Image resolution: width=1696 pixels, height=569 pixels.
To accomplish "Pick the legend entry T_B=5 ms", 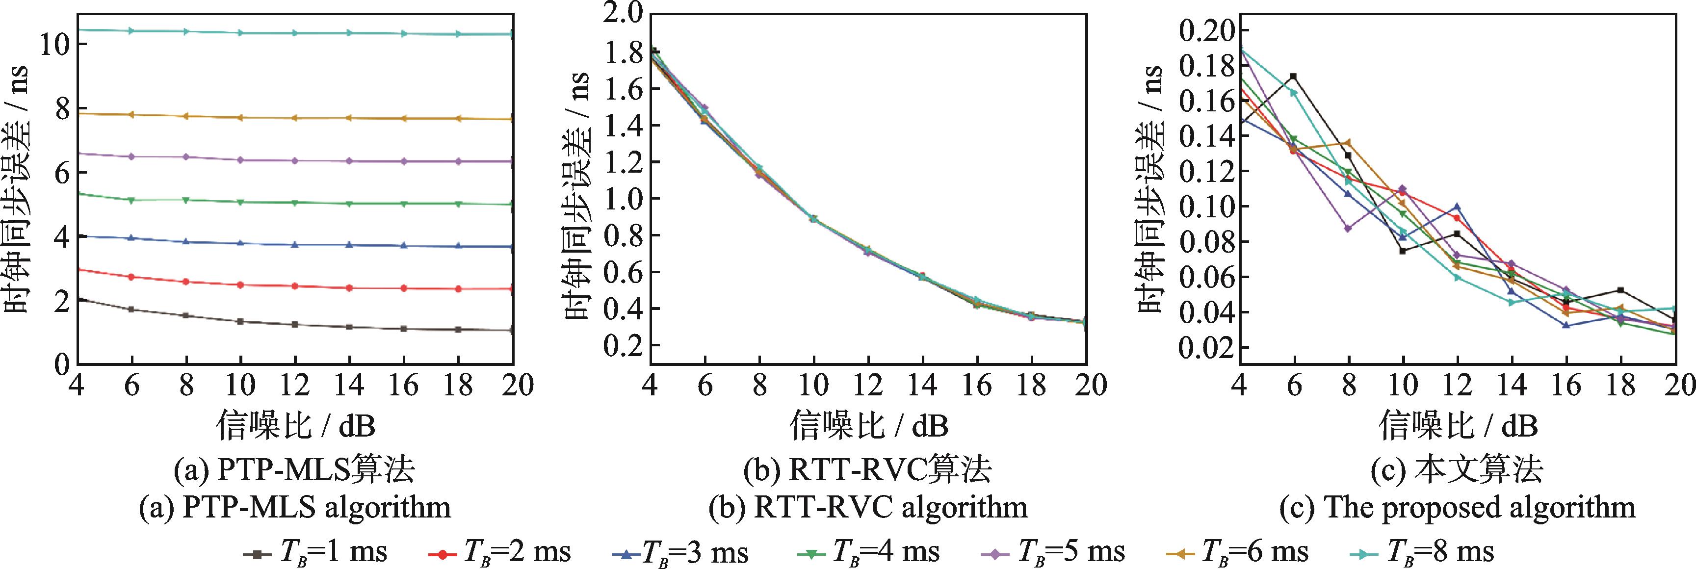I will pos(1053,550).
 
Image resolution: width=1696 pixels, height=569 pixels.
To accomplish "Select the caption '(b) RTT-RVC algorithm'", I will pos(868,508).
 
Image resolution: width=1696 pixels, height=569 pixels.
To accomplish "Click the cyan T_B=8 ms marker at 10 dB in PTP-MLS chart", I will pos(241,32).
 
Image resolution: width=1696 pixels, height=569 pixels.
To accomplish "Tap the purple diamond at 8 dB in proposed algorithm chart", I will pos(1348,229).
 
